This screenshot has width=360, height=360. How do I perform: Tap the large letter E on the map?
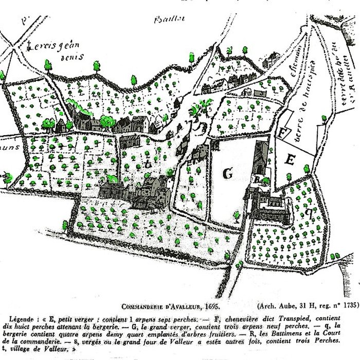pyautogui.click(x=290, y=160)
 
